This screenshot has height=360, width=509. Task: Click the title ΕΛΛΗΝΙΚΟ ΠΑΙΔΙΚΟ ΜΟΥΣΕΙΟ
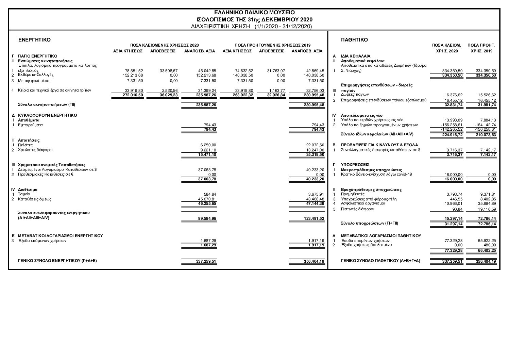pos(254,13)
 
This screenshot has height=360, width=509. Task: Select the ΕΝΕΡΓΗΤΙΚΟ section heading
pos(34,40)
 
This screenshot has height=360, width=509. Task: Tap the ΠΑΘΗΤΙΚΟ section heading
pos(354,40)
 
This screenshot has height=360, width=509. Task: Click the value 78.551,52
pos(135,71)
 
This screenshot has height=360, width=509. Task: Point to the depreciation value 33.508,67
pos(169,71)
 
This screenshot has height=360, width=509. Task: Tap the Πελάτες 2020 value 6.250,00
pos(208,145)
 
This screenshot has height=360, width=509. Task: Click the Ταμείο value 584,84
pos(210,194)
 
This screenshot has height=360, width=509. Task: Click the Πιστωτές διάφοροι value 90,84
pos(457,209)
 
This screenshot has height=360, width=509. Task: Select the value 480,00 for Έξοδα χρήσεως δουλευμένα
pos(490,245)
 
